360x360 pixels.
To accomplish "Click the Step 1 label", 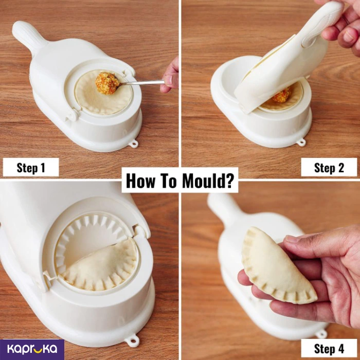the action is (31, 167).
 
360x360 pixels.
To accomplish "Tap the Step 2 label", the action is (329, 167).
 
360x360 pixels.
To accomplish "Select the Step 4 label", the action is (329, 348).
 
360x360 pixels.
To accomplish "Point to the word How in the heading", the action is (139, 181).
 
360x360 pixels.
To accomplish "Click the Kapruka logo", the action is (32, 349).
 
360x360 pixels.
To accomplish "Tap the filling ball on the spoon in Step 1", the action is (107, 83).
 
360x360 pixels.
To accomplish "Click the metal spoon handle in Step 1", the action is (142, 82).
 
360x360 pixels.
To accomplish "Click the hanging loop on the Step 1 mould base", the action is (134, 143).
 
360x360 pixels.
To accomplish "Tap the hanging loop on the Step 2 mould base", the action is (301, 142).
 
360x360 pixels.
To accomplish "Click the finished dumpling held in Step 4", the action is (276, 267).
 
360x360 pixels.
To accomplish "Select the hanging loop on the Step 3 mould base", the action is (133, 340).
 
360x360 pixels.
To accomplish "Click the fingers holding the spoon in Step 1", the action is (170, 76).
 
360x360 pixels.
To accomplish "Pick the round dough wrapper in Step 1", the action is (104, 92).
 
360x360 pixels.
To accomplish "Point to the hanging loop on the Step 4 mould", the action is (321, 334).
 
